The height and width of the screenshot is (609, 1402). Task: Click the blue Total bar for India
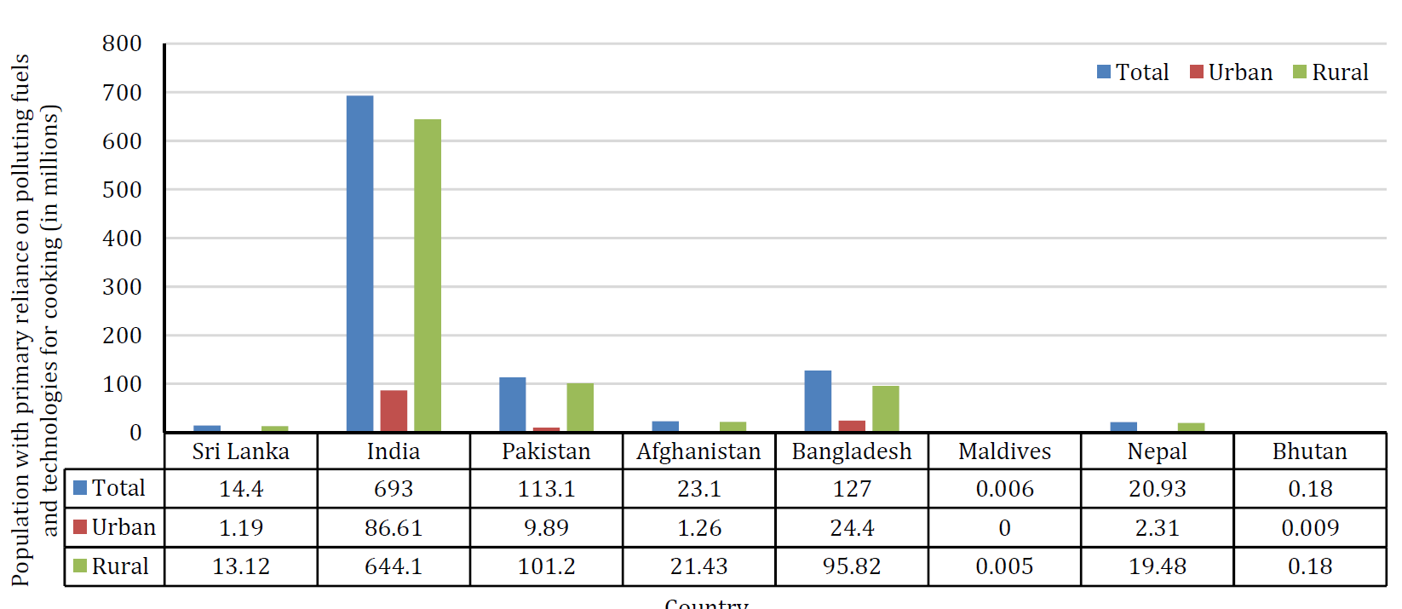tap(359, 263)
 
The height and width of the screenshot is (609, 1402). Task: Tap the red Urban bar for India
tap(394, 411)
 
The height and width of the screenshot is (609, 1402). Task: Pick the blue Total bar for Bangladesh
tap(818, 400)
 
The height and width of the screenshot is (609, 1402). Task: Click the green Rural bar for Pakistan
tap(580, 407)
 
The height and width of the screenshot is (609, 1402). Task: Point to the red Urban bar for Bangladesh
tap(852, 425)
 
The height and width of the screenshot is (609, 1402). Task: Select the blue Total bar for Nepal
tap(1123, 427)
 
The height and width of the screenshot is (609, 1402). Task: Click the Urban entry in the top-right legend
tap(1231, 72)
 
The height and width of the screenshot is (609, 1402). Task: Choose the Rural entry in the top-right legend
tap(1330, 72)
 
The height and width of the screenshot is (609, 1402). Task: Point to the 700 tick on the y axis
tap(123, 93)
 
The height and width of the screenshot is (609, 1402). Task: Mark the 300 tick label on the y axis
tap(123, 287)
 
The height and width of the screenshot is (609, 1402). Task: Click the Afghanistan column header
tap(698, 451)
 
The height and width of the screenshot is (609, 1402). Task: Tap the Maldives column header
tap(1004, 451)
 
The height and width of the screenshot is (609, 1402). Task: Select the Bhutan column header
tap(1309, 451)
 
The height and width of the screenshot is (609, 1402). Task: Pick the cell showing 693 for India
tap(394, 489)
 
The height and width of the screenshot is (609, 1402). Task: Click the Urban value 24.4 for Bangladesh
tap(852, 528)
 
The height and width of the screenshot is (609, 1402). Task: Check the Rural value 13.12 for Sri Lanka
tap(241, 566)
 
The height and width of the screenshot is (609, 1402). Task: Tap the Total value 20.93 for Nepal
tap(1157, 489)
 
